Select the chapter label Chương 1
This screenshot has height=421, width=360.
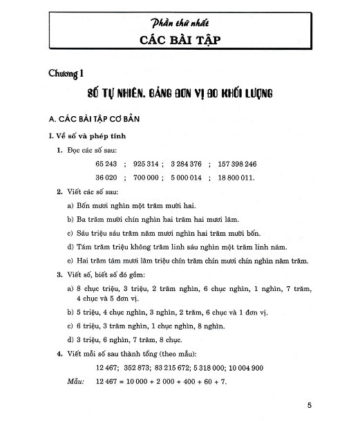point(67,74)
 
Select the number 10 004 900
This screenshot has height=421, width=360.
point(257,368)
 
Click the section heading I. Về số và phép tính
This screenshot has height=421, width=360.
point(82,135)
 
